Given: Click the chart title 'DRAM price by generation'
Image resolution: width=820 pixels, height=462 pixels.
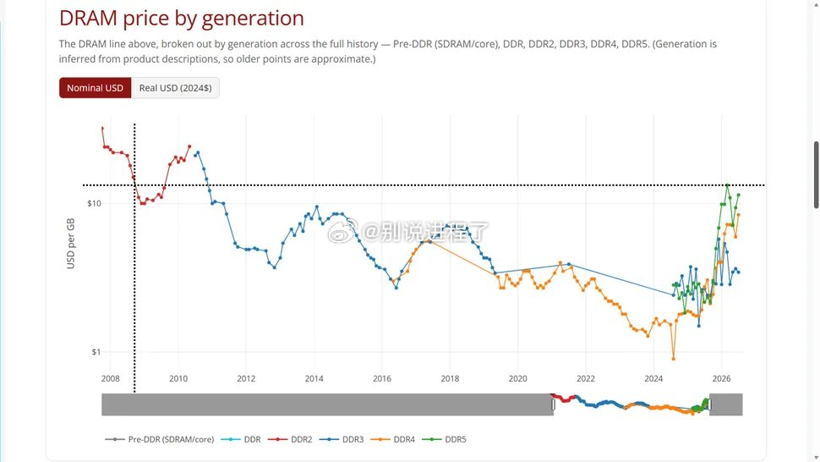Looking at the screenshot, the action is tap(182, 19).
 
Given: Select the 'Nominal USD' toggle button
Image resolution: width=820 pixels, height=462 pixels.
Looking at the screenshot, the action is tap(96, 88).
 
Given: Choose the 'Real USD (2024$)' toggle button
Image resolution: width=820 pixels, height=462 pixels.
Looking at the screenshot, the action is tap(175, 88).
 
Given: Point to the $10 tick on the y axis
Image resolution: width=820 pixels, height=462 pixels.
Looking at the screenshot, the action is tap(94, 204).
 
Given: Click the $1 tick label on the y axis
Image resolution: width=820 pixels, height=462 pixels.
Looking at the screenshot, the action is tap(96, 352).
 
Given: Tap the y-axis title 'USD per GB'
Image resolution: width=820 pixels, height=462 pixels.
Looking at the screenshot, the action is tap(71, 244).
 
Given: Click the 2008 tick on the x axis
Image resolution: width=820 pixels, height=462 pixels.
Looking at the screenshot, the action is tap(111, 379).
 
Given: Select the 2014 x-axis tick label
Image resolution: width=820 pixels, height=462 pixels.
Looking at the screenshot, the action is tap(314, 379).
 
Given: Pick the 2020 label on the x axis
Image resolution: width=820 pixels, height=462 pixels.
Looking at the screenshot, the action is tap(517, 379).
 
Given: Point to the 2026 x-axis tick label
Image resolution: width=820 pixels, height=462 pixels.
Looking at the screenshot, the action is tap(721, 379).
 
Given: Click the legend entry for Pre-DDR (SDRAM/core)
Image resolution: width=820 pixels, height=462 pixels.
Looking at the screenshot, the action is tap(160, 439).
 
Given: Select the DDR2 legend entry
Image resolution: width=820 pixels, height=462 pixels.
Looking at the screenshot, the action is tap(290, 439).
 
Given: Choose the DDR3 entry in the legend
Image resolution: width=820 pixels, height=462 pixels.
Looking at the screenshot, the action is tap(342, 439).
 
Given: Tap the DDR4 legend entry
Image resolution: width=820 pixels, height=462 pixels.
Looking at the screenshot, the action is tap(393, 439).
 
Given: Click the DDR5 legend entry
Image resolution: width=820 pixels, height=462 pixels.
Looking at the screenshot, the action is tap(444, 439).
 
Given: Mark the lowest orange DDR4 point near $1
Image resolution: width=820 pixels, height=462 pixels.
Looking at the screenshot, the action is tap(673, 359).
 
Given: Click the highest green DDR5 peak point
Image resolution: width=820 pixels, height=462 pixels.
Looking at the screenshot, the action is tap(728, 185).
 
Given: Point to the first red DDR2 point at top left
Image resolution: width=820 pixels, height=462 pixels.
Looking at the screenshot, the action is tap(102, 128).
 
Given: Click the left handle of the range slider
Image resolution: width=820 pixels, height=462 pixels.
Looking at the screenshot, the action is tap(554, 404).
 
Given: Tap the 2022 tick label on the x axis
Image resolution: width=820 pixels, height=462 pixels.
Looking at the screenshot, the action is tap(586, 379).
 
